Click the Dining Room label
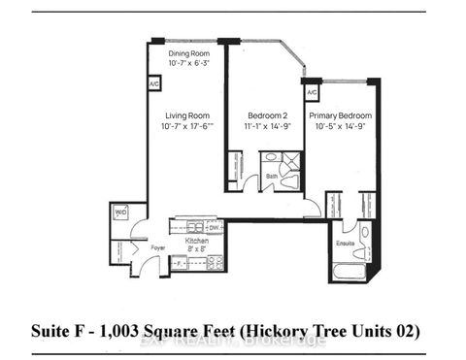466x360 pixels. (188, 54)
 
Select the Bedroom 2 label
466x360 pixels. (264, 115)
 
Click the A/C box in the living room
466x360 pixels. (154, 84)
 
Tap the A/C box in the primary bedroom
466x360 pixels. (312, 93)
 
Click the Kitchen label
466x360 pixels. (197, 239)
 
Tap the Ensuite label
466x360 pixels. (346, 244)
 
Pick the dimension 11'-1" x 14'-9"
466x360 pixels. (264, 126)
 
